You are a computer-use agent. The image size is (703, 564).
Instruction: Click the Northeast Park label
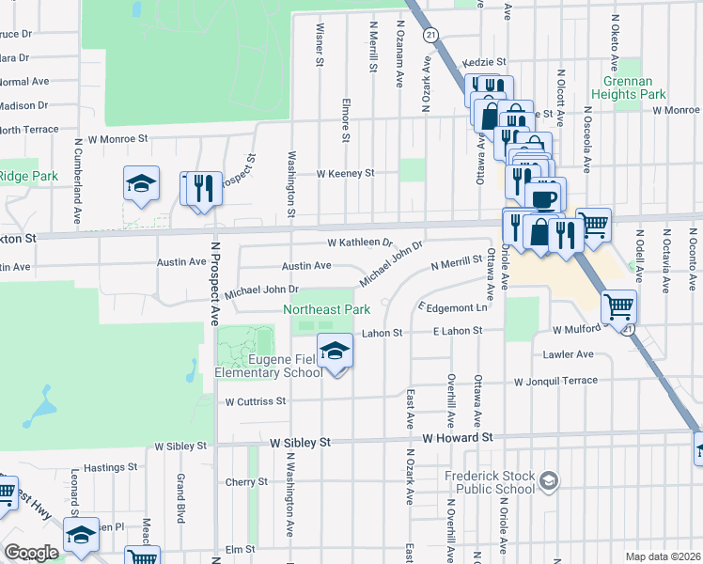point(327,308)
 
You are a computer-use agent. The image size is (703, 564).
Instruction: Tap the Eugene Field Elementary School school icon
point(336,352)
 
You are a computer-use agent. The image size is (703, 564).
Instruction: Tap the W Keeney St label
point(345,173)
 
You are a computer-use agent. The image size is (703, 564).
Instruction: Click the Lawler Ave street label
point(568,354)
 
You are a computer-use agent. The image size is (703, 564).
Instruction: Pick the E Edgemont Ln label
point(456,307)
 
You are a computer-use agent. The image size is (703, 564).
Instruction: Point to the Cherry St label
point(246,482)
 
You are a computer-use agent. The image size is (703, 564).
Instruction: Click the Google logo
point(31,553)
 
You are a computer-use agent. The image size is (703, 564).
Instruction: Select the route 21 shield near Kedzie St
point(430,35)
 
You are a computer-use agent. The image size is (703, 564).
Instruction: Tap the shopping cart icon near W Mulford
point(618,305)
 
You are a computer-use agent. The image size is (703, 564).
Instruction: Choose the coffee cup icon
point(545,197)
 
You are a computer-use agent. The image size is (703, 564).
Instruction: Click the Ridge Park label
point(28,176)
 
